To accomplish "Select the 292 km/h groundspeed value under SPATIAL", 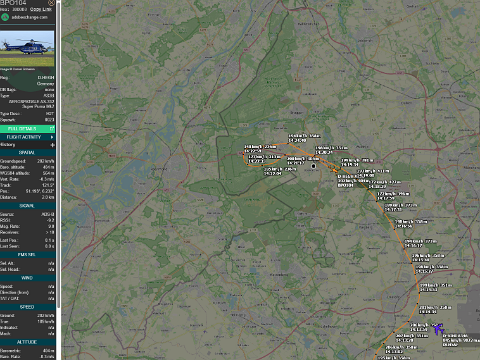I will (48, 159).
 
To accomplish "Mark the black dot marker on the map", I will (314, 166).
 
